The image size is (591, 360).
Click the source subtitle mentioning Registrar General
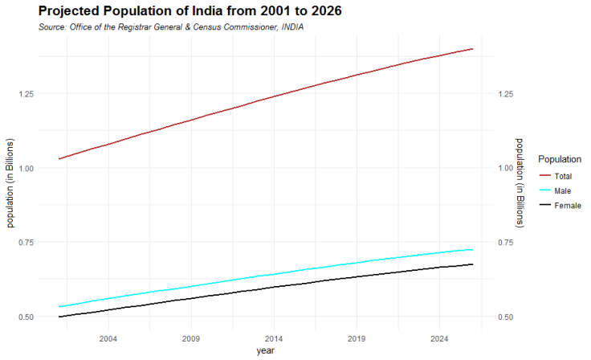pos(171,27)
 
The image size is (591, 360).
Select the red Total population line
pos(273,96)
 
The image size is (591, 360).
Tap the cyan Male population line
pos(273,274)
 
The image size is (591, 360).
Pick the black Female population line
pos(273,287)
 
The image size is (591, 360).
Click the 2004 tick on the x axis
pos(108,338)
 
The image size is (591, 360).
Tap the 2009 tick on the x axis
pos(191,338)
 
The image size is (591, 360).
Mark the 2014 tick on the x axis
pos(274,338)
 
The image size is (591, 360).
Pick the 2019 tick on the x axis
pos(357,338)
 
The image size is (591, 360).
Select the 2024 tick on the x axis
pos(439,338)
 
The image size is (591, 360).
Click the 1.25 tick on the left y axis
pos(25,94)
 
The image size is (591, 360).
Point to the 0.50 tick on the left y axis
pos(25,317)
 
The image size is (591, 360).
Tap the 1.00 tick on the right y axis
pos(505,168)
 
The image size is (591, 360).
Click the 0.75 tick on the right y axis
pos(505,243)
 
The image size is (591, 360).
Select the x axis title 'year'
pos(265,351)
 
